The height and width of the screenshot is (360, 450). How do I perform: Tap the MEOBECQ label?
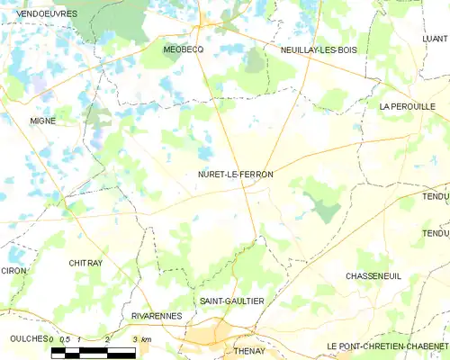183,50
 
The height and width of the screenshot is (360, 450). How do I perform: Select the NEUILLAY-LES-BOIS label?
318,50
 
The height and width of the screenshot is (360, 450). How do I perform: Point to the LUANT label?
435,40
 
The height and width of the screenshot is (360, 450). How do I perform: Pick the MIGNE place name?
42,121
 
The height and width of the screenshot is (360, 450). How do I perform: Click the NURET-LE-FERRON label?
235,175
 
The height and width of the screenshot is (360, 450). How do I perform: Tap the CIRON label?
13,270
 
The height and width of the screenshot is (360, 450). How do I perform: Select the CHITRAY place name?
85,263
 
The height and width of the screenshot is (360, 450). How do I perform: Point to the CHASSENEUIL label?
372,277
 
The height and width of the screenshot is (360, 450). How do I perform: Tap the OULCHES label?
22,338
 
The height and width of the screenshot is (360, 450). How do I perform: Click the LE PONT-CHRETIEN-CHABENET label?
388,346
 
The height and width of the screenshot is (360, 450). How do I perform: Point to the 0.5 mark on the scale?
64,338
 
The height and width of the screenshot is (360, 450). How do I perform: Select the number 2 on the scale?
107,338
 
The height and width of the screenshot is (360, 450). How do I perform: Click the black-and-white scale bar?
94,351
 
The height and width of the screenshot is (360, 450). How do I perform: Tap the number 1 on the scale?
80,338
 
